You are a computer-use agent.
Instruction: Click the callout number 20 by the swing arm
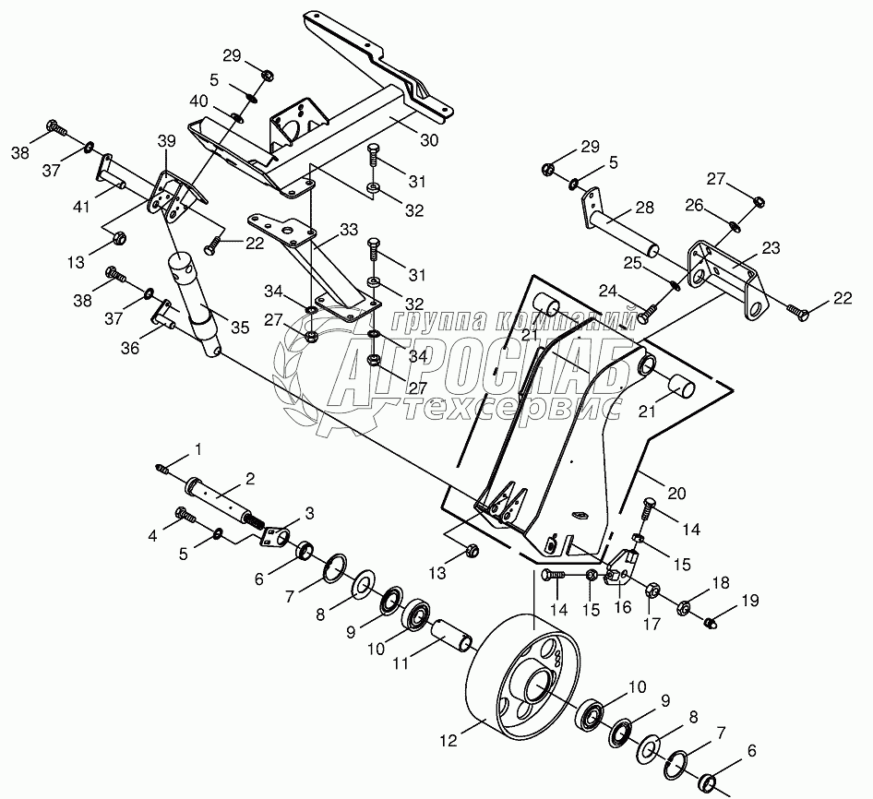676,495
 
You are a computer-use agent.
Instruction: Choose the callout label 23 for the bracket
770,247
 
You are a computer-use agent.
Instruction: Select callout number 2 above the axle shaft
249,477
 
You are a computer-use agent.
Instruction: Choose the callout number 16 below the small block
623,608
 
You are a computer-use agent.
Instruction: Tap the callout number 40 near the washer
200,101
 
